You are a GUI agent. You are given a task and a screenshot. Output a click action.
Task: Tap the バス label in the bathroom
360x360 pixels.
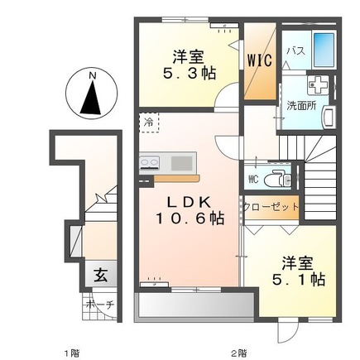[295, 51]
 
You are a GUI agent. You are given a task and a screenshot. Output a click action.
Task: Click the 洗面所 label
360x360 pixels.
[301, 106]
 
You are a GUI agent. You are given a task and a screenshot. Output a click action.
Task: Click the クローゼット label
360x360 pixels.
[271, 207]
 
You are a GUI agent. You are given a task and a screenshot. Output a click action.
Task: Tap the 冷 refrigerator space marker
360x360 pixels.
[149, 122]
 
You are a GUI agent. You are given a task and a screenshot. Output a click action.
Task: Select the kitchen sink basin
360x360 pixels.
[181, 163]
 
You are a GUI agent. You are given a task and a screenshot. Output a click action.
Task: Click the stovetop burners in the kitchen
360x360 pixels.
[149, 162]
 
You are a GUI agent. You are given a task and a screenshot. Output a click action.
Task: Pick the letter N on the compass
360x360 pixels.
[92, 75]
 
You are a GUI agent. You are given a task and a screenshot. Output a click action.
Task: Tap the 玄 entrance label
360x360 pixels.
[101, 275]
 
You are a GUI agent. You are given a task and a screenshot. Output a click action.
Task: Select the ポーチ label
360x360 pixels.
[100, 305]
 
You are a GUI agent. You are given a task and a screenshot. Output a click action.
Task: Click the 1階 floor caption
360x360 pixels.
[72, 353]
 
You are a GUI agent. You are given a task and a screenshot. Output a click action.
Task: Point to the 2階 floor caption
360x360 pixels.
[239, 353]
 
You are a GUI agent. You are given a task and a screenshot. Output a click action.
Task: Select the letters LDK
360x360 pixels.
[190, 203]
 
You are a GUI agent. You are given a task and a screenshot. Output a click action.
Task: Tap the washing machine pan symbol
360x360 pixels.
[318, 85]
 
